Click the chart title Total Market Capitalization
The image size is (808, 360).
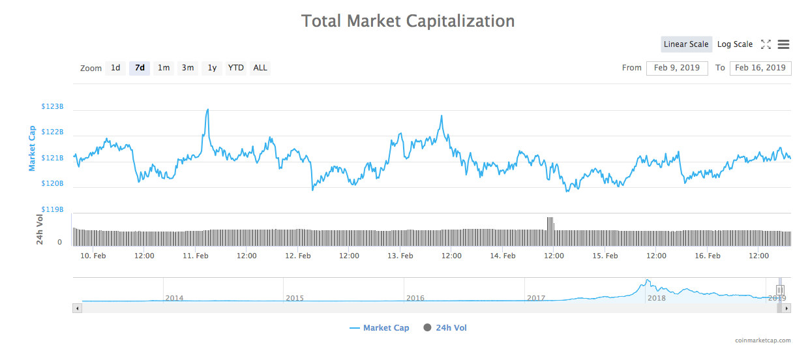(408, 21)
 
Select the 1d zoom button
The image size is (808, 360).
(115, 68)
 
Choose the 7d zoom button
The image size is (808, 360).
(140, 68)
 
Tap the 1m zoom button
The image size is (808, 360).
(164, 68)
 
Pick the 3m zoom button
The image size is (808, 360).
(188, 68)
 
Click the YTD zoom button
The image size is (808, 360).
(235, 68)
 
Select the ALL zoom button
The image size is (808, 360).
(260, 68)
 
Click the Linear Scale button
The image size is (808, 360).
(686, 44)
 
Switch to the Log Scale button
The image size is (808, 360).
(735, 44)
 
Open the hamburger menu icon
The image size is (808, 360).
(784, 44)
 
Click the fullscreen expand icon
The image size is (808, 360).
(766, 44)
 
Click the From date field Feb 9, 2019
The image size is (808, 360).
(677, 68)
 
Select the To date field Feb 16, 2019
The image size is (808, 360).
(760, 68)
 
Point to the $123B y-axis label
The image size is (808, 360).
(52, 106)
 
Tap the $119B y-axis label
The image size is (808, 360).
(52, 209)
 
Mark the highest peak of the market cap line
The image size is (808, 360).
(207, 110)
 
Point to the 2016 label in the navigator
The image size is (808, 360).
(415, 298)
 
